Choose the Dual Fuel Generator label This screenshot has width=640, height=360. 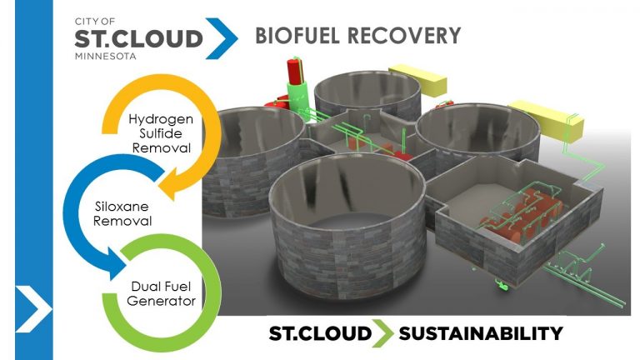pos(162,293)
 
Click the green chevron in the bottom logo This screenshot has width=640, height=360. pos(384,334)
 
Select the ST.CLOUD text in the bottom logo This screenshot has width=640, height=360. pos(320,334)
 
